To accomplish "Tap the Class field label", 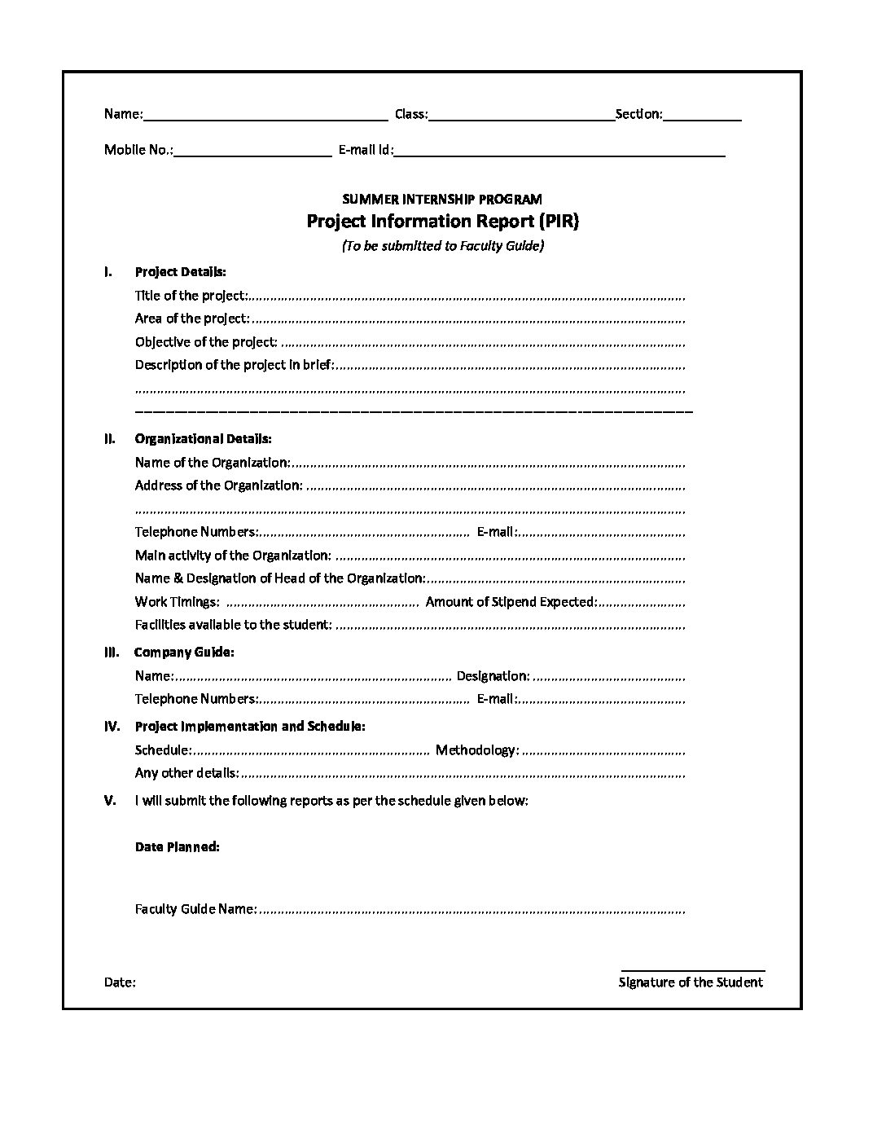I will pos(410,114).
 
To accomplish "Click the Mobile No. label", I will pos(138,150).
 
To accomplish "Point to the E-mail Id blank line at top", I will pos(560,152).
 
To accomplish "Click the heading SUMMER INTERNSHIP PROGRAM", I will pos(442,199).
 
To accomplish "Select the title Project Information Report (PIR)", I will pos(442,222).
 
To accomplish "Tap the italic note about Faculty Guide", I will pos(442,246).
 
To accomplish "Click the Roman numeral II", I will pos(109,439).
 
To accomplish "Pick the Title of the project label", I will pos(190,296).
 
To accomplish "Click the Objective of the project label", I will pos(206,342).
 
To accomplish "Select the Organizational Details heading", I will pos(203,439).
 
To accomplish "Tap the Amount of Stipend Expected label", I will pos(511,602).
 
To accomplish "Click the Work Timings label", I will pos(177,602).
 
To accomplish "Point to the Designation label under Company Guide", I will pos(493,675).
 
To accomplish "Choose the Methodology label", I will pos(476,749).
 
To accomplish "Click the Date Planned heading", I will pos(177,847).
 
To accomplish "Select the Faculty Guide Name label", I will pos(195,909).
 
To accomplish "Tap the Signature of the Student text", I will pos(691,982).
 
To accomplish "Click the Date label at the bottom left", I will pos(120,982).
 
